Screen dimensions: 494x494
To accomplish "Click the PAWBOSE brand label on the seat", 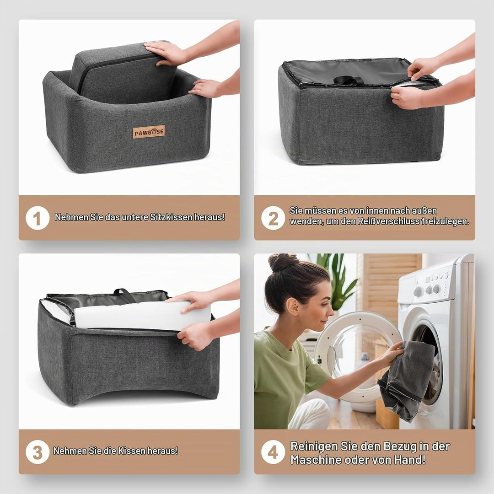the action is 149,132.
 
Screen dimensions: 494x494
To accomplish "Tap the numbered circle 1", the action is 38,218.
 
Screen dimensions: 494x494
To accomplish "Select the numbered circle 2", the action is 273,218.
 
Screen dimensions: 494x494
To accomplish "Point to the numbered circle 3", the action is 38,452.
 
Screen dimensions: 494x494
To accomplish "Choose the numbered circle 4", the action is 273,452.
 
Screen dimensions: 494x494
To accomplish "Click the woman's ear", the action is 292,306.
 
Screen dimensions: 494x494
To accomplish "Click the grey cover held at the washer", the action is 407,380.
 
